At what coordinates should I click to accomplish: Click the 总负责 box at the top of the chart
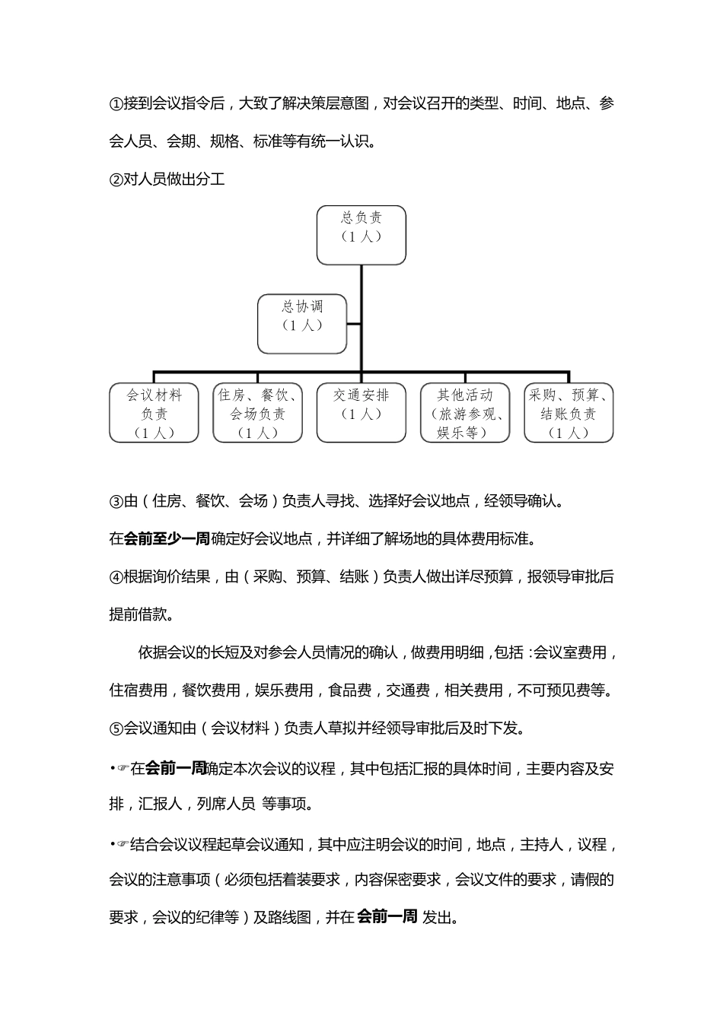click(x=361, y=235)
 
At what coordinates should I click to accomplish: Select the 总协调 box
click(x=302, y=324)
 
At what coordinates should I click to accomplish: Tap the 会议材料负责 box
click(x=154, y=413)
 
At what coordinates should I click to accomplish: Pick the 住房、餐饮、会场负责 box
click(x=257, y=413)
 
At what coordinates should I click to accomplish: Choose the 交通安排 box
click(x=361, y=413)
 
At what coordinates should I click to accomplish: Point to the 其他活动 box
click(x=464, y=413)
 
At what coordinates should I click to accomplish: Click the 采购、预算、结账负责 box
click(x=569, y=413)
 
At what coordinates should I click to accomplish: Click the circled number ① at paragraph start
click(x=116, y=104)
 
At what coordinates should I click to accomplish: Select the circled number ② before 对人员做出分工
click(x=116, y=181)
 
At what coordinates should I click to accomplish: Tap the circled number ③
click(x=116, y=502)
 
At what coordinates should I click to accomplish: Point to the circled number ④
click(x=116, y=577)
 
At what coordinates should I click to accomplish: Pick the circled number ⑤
click(x=116, y=728)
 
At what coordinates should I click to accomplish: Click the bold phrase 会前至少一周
click(x=167, y=539)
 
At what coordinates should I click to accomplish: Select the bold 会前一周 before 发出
click(x=387, y=917)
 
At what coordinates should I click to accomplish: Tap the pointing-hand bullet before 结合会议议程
click(x=123, y=845)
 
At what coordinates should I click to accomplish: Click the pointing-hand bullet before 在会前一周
click(x=123, y=769)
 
